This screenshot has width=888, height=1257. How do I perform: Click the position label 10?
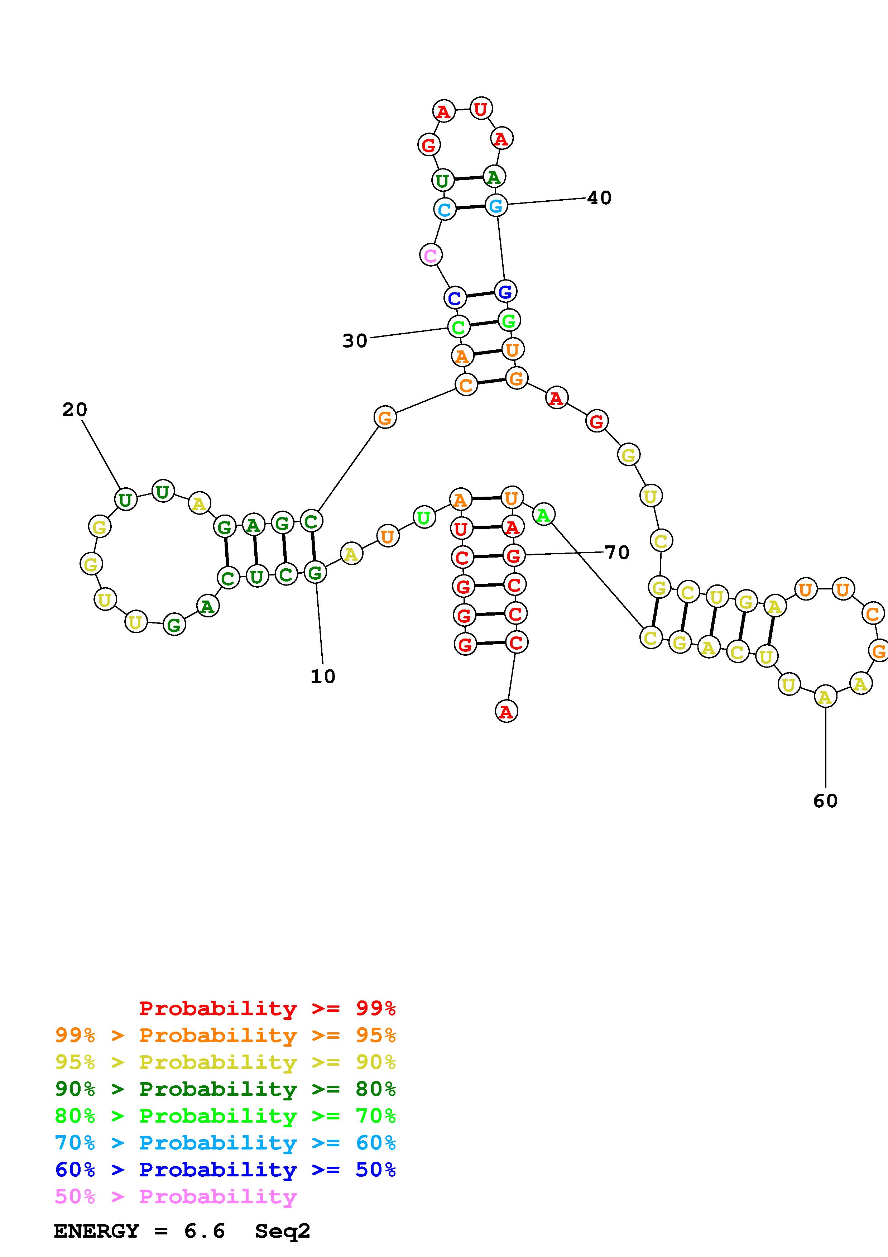(x=323, y=677)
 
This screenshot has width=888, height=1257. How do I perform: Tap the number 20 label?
(x=75, y=410)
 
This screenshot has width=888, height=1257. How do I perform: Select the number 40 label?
(x=599, y=198)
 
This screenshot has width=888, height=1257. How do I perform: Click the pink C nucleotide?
(x=431, y=255)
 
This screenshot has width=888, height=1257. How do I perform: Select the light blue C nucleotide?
(x=444, y=209)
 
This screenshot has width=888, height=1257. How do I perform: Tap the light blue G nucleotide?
(x=496, y=205)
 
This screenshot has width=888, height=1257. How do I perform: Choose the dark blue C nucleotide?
(x=455, y=298)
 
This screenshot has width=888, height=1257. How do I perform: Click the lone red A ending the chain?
(x=506, y=712)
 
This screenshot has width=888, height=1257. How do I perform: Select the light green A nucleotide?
(x=543, y=515)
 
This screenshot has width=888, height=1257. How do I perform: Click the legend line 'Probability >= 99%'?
(x=268, y=1008)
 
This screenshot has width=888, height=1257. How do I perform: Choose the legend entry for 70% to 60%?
(x=225, y=1143)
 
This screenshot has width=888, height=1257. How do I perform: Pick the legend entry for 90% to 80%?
(x=225, y=1089)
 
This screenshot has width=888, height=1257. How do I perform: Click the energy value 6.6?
(x=205, y=1231)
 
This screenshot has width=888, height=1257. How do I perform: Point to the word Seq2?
(x=282, y=1231)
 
